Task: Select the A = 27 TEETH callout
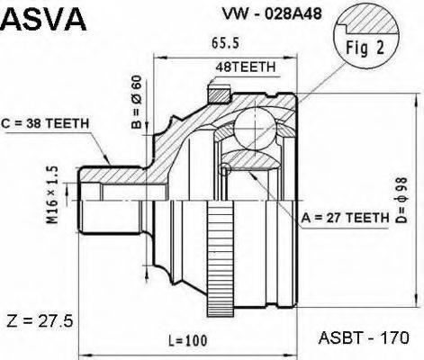tap(344, 217)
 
